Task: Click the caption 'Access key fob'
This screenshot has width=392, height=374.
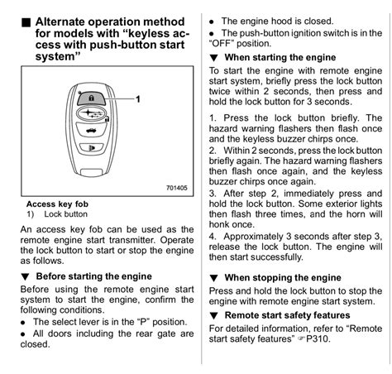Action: (x=58, y=204)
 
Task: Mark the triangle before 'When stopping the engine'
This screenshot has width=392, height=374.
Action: (x=214, y=278)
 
